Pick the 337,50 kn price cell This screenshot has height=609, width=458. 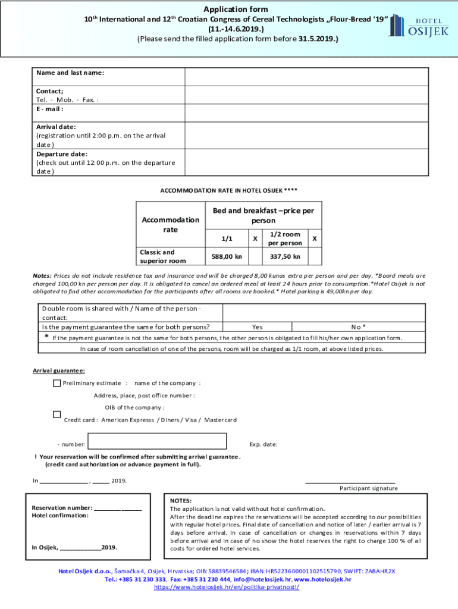(x=285, y=256)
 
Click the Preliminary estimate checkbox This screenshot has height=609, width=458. (x=57, y=383)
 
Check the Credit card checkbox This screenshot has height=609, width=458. (x=57, y=414)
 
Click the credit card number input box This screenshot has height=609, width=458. (x=158, y=441)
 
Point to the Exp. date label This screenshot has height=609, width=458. (x=263, y=444)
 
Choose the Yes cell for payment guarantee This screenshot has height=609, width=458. (x=257, y=327)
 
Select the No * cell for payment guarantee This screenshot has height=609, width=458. (x=358, y=327)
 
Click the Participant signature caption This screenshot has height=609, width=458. (x=369, y=488)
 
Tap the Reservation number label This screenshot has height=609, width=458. (x=62, y=508)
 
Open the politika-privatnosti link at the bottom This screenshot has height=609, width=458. (x=227, y=587)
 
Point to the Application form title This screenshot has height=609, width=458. (x=236, y=9)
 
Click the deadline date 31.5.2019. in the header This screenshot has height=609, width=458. (x=318, y=39)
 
